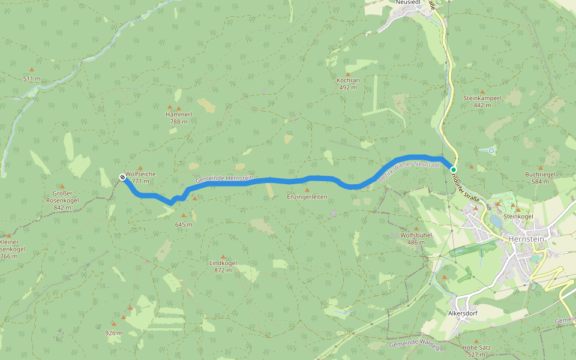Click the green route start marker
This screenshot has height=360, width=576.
(454, 170)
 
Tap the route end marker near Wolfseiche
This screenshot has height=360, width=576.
(122, 177)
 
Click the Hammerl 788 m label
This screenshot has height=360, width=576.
(179, 118)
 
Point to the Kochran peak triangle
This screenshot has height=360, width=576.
(347, 74)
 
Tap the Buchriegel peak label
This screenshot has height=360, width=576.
(541, 178)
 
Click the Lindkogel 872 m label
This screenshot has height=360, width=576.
(223, 266)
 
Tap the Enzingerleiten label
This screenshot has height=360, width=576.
(307, 197)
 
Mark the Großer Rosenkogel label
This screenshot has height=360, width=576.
(62, 200)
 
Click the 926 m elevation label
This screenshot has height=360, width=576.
(114, 333)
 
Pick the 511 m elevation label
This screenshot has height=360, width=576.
(32, 79)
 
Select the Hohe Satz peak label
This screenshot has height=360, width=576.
(477, 350)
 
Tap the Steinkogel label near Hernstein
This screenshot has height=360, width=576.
(518, 216)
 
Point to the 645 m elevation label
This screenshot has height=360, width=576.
(184, 224)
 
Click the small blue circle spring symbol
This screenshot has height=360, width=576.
(491, 150)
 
